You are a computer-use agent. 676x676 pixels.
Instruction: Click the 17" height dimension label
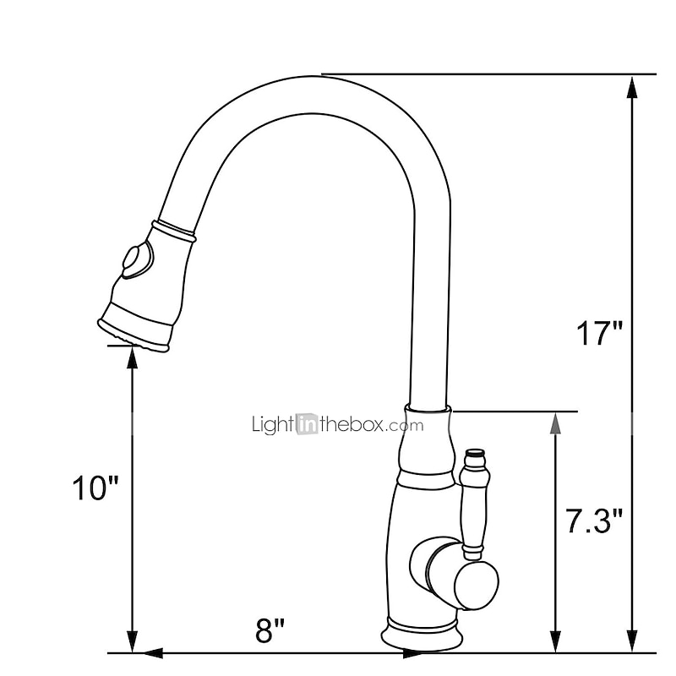599,333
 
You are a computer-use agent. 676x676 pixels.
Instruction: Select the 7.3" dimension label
594,521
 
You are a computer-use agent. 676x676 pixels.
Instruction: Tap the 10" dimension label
95,488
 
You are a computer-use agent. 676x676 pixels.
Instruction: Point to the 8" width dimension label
270,629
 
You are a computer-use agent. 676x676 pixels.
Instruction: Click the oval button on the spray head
135,260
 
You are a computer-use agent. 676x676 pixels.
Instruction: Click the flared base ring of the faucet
422,630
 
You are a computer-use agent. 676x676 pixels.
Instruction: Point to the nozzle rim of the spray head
135,333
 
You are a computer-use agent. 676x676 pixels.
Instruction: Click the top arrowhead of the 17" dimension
631,85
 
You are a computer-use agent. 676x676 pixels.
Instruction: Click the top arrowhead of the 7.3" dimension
555,423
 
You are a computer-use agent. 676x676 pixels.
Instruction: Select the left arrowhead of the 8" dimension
150,652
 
